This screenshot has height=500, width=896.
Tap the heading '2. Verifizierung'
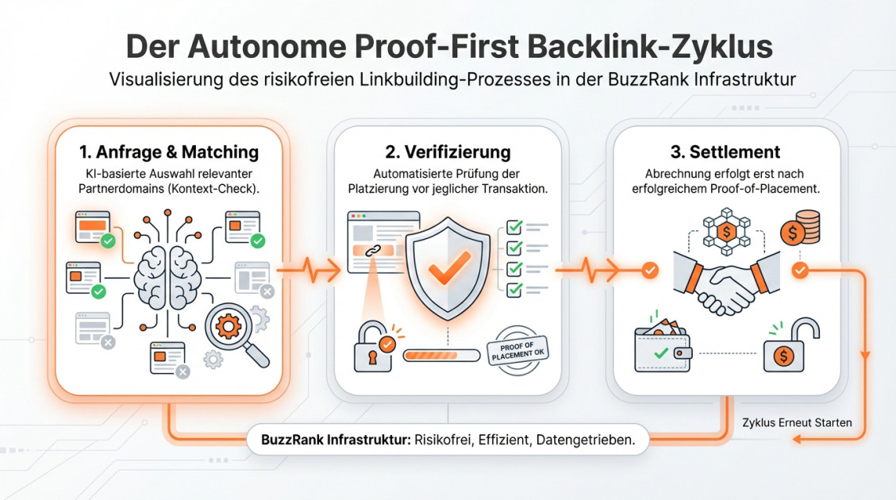click(x=448, y=151)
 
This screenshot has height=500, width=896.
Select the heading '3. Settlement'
click(x=723, y=151)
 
